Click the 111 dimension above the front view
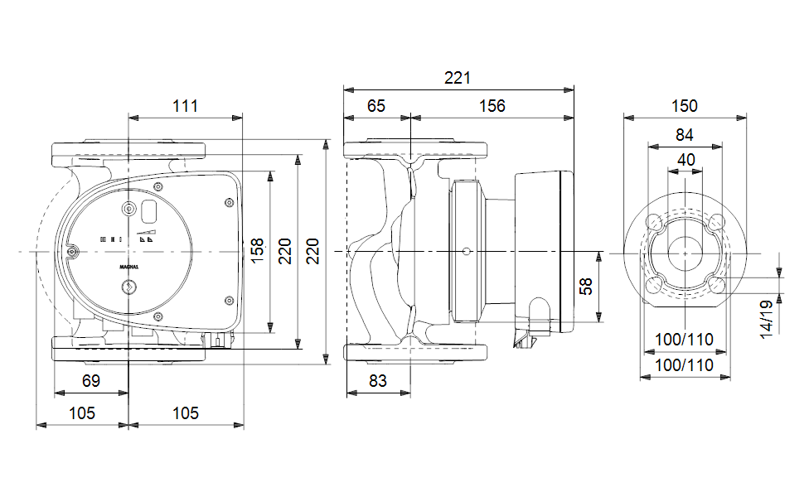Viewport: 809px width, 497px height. pos(186,106)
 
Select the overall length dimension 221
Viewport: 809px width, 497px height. pos(458,78)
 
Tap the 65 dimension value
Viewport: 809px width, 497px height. pos(376,106)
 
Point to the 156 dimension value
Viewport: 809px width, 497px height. pos(492,106)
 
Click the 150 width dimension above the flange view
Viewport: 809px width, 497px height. pos(685,106)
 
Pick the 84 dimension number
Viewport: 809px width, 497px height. pos(685,135)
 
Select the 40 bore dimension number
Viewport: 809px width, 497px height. pos(685,159)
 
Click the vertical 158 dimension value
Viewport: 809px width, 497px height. pos(257,251)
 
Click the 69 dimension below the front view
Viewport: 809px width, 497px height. pos(91,382)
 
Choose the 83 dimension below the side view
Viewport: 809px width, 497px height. pos(376,382)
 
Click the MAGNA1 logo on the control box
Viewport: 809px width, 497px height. pos(128,268)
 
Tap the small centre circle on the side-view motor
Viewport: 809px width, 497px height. pos(467,251)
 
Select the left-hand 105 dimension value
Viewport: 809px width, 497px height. pos(81,413)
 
